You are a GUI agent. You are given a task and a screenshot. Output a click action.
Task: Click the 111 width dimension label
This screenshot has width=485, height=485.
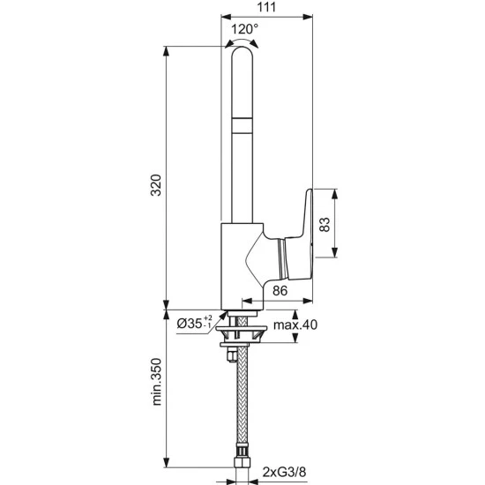tap(266, 7)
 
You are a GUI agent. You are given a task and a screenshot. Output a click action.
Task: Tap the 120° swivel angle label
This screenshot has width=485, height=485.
tap(244, 29)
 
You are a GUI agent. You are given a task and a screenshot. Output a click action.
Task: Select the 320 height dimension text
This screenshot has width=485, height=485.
tap(156, 185)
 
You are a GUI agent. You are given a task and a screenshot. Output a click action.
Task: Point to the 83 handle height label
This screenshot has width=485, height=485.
tap(325, 225)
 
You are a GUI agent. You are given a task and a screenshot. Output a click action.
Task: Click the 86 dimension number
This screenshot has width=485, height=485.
tap(280, 291)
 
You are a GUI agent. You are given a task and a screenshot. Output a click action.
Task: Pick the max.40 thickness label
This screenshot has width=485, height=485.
tap(295, 325)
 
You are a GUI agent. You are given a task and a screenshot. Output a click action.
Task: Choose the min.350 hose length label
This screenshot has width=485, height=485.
tap(157, 382)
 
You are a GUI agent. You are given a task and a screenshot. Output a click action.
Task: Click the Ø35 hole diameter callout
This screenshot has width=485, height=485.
tap(195, 324)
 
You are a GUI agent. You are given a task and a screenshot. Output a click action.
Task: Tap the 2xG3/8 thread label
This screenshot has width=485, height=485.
tap(284, 472)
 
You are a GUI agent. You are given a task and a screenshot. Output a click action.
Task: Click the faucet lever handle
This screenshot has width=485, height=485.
tap(298, 235)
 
